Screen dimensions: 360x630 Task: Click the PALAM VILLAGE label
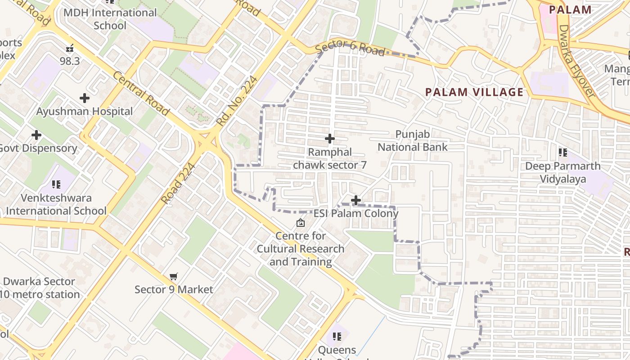pyautogui.click(x=474, y=93)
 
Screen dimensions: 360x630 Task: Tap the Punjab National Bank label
pyautogui.click(x=413, y=141)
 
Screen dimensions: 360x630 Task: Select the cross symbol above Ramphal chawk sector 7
pyautogui.click(x=330, y=139)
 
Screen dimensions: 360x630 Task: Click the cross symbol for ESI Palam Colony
pyautogui.click(x=356, y=200)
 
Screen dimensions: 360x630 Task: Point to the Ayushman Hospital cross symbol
pyautogui.click(x=84, y=98)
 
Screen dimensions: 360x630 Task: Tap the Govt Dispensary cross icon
pyautogui.click(x=36, y=135)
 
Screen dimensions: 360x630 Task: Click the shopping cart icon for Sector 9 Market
pyautogui.click(x=174, y=276)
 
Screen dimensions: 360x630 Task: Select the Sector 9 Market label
pyautogui.click(x=174, y=289)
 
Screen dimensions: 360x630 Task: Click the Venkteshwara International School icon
pyautogui.click(x=56, y=184)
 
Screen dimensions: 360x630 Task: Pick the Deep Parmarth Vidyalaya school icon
pyautogui.click(x=562, y=153)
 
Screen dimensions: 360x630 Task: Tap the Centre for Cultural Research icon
pyautogui.click(x=300, y=223)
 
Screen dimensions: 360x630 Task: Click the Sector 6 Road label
pyautogui.click(x=350, y=47)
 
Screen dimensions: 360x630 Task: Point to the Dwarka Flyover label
pyautogui.click(x=577, y=61)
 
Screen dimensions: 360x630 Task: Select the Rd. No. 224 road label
pyautogui.click(x=237, y=100)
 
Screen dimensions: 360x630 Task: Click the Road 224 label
pyautogui.click(x=178, y=184)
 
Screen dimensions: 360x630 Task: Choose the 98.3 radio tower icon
pyautogui.click(x=70, y=48)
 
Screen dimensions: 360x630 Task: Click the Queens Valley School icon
pyautogui.click(x=337, y=336)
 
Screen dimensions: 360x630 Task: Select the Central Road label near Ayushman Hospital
pyautogui.click(x=141, y=93)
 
